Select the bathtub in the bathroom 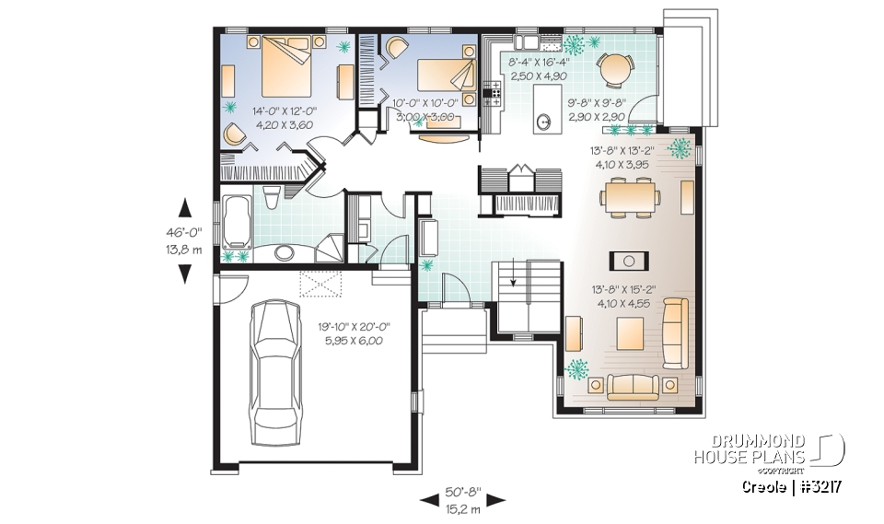(x=235, y=220)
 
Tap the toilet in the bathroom (x=272, y=197)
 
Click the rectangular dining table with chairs (x=630, y=196)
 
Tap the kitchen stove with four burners (x=492, y=91)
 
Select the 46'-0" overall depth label (x=185, y=234)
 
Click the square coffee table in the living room (x=630, y=329)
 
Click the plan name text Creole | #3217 (x=793, y=485)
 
